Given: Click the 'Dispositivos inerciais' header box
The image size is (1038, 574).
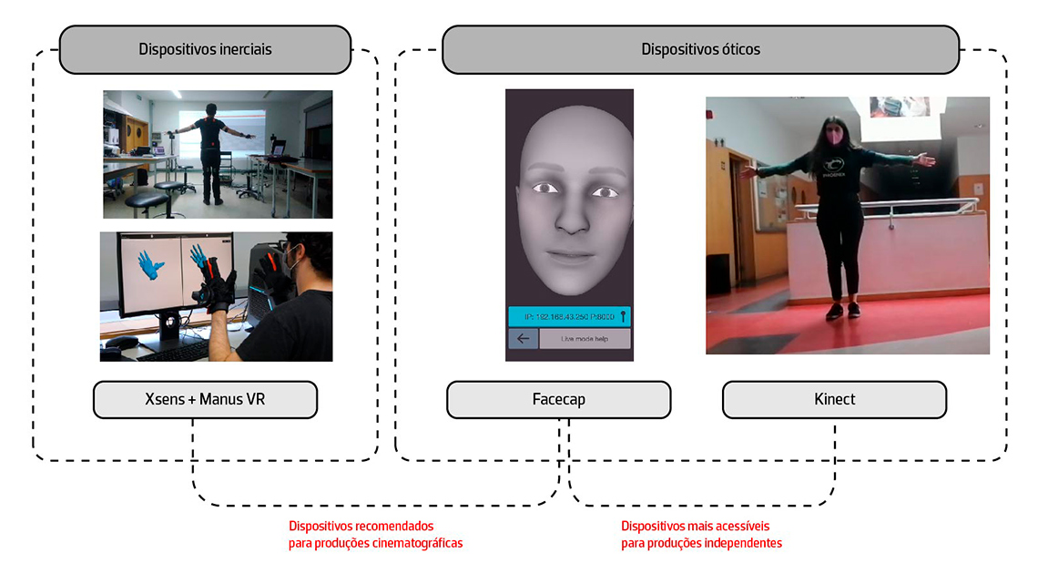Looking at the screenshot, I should (x=205, y=49).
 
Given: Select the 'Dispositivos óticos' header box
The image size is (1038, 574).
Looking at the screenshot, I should (x=700, y=49).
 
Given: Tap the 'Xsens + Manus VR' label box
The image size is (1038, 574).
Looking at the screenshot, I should (x=205, y=399).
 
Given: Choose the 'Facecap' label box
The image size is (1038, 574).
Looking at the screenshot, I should (x=558, y=399).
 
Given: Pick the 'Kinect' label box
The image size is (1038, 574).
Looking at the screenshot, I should (x=834, y=399).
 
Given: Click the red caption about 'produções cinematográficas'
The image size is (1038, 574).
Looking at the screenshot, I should (x=375, y=535).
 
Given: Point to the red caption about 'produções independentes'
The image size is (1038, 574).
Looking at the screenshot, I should (x=701, y=535).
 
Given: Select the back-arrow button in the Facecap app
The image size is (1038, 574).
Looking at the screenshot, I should (x=523, y=339).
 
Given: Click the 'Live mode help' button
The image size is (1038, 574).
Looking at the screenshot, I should (x=584, y=339).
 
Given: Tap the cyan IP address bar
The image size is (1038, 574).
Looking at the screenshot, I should (x=569, y=316).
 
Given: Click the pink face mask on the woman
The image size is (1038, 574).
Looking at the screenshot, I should (x=835, y=139).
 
